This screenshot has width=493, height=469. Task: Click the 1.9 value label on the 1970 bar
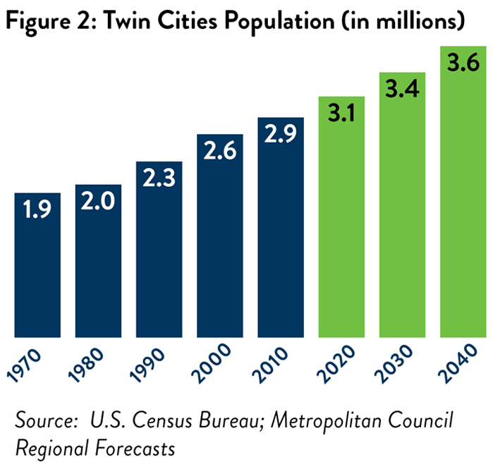37,209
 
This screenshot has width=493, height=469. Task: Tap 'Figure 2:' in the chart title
42,21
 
